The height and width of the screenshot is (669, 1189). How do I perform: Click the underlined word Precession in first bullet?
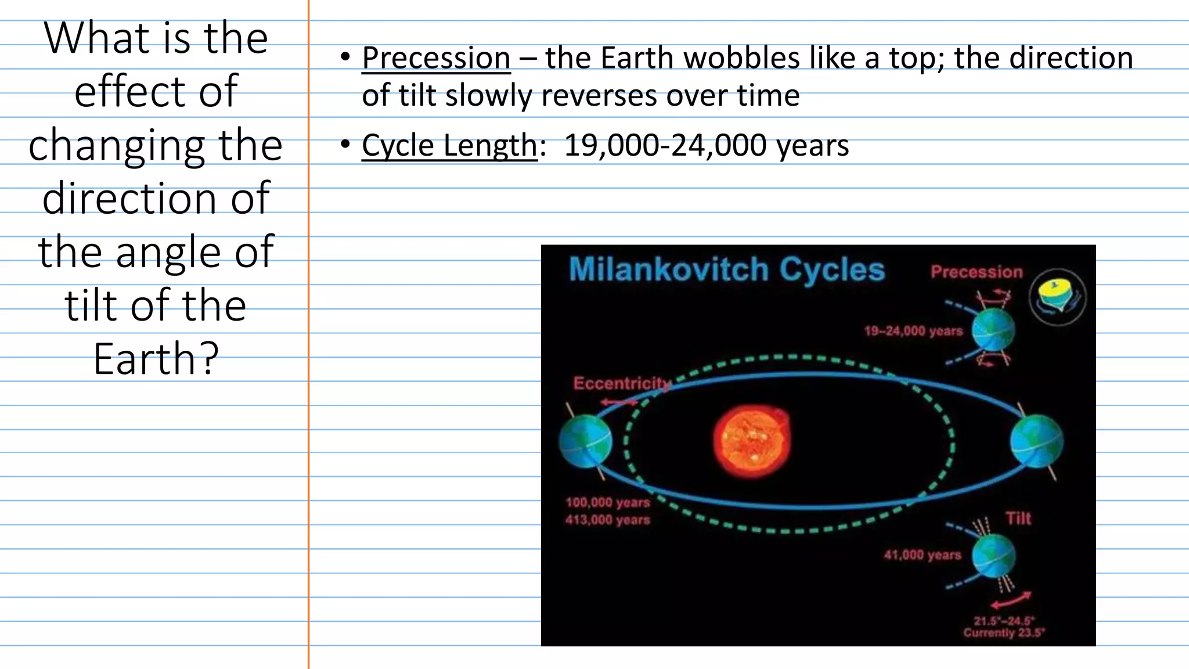436,58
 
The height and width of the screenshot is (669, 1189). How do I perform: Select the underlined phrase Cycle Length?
449,145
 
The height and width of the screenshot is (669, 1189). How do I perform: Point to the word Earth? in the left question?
156,358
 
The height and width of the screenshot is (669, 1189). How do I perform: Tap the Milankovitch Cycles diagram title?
726,270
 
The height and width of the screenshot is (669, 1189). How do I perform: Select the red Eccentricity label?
621,383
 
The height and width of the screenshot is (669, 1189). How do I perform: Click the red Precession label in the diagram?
977,272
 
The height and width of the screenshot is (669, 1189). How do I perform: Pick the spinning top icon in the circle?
1057,297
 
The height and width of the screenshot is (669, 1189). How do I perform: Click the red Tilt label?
1018,518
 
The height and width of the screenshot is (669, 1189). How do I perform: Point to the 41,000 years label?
922,555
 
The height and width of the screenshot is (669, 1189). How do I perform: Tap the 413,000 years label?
607,520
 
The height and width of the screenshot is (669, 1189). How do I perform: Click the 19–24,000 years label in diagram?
913,331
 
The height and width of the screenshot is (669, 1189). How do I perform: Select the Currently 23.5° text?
1004,633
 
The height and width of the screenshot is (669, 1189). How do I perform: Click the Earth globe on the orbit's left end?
585,441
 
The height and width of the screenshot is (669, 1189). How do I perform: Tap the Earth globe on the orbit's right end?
1037,441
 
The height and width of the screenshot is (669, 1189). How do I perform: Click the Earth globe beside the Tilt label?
994,555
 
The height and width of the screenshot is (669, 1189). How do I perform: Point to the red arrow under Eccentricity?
618,402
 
